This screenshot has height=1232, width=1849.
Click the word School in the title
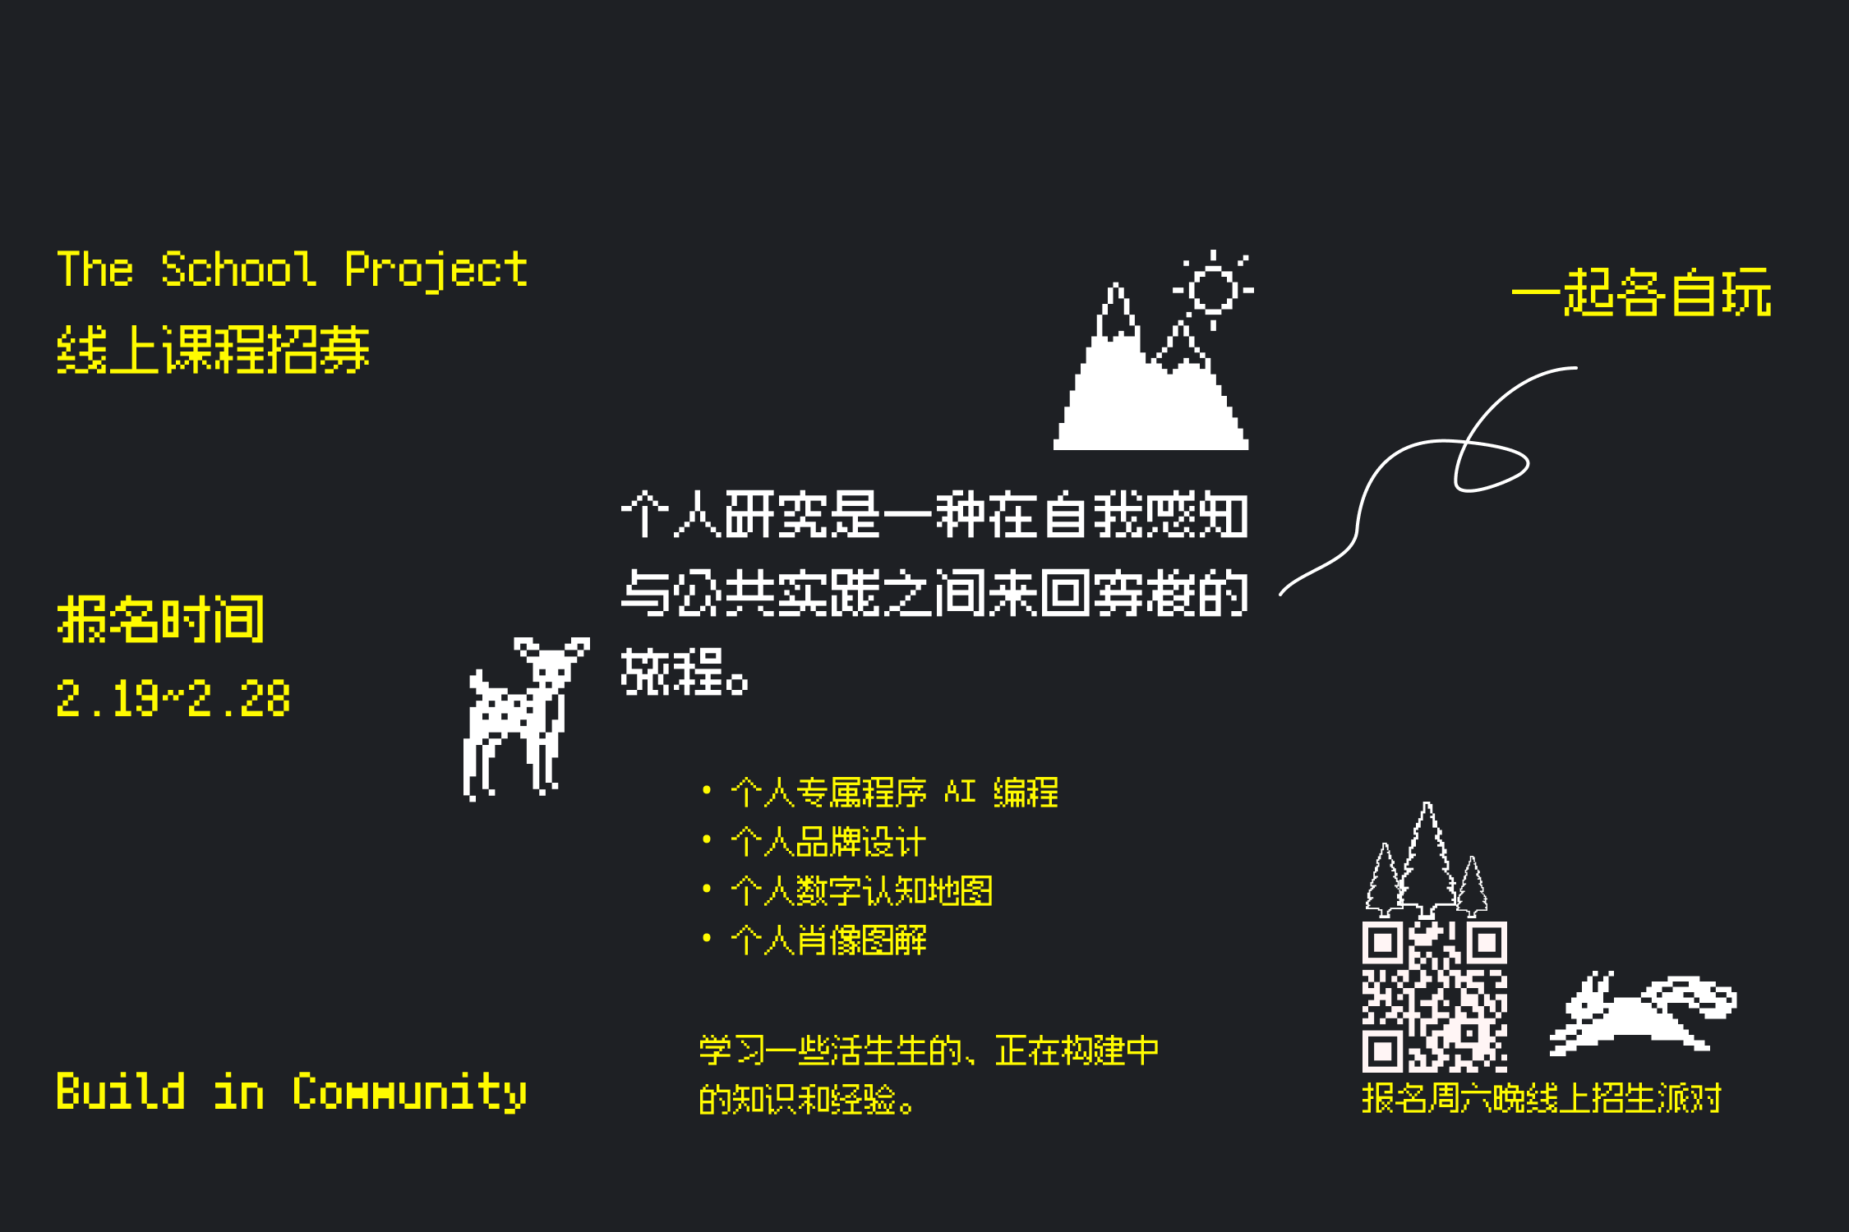tap(238, 269)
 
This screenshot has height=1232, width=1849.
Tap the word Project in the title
tap(436, 269)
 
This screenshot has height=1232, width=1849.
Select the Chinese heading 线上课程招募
tap(213, 350)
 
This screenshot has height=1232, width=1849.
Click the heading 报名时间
tap(161, 619)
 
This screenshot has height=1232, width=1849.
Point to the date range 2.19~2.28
tap(173, 699)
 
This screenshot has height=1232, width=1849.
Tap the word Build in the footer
tap(121, 1092)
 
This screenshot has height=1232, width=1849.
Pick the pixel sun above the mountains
tap(1213, 289)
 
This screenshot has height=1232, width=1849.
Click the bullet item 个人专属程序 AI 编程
tap(894, 793)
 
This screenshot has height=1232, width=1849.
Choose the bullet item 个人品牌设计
tap(828, 842)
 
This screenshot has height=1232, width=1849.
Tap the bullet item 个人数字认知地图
tap(861, 891)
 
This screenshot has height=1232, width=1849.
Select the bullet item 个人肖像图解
tap(828, 940)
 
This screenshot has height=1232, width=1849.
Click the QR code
tap(1434, 996)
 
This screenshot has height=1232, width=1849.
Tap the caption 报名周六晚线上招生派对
tap(1541, 1098)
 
